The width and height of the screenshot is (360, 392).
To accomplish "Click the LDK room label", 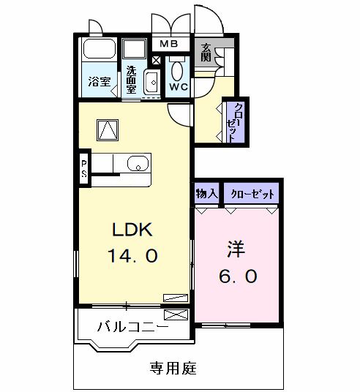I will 132,230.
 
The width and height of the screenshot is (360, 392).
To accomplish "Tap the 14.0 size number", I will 132,256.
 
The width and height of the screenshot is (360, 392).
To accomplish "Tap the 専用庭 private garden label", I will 174,367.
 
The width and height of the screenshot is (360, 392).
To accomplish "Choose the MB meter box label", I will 169,45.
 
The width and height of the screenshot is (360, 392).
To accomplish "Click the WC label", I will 178,86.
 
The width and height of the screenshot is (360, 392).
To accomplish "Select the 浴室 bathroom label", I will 100,80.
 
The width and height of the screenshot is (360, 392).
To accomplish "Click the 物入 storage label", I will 206,194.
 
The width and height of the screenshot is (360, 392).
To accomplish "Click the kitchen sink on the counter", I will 138,164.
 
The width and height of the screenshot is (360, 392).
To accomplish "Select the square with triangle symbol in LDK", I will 108,129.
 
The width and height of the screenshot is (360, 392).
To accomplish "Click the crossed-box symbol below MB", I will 157,59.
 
